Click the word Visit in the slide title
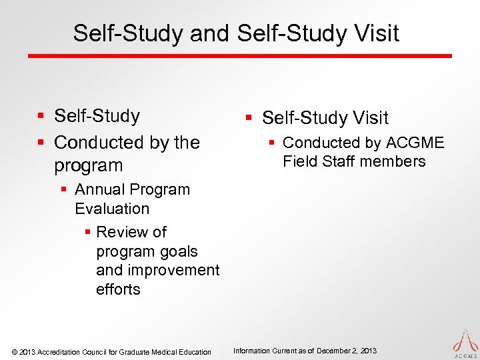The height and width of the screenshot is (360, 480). click(375, 33)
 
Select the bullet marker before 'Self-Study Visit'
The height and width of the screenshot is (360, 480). click(248, 118)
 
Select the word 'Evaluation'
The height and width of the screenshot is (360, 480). click(112, 209)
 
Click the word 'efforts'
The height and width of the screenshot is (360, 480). click(118, 289)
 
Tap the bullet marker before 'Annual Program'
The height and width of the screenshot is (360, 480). click(64, 189)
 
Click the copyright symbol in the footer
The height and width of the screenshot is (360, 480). click(15, 352)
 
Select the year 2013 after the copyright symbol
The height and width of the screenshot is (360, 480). click(28, 352)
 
